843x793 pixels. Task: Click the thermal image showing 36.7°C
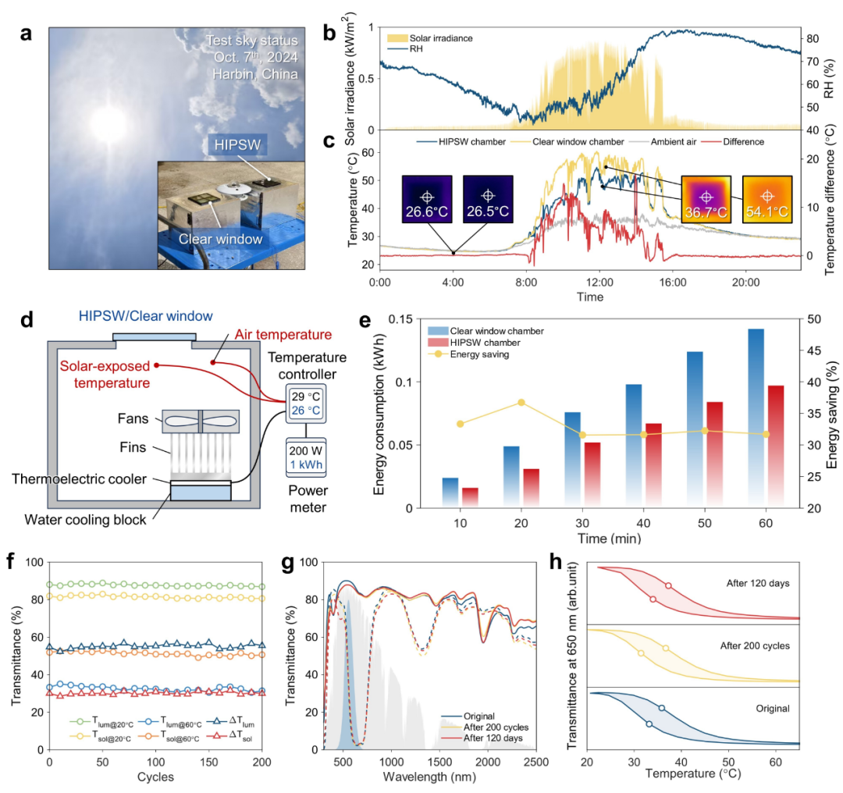pyautogui.click(x=706, y=201)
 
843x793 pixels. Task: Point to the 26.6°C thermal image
pyautogui.click(x=427, y=201)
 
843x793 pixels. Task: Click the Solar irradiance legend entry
pyautogui.click(x=433, y=37)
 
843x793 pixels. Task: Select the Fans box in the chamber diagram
pyautogui.click(x=201, y=421)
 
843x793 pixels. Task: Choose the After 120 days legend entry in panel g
pyautogui.click(x=496, y=738)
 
